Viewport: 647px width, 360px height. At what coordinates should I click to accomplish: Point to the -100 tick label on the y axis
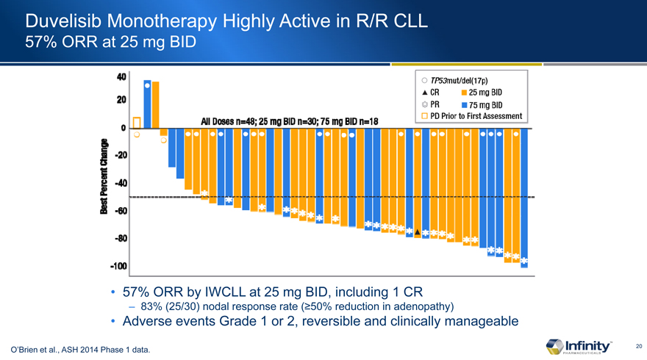114,265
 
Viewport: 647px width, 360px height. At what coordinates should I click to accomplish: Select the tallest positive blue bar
148,103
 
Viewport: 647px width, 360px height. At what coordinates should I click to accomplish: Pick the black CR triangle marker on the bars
417,232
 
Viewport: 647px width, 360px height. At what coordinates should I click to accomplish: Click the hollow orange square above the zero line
137,121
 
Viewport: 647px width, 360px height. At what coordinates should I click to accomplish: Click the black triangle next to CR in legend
425,93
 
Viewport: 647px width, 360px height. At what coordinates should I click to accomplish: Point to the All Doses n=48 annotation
234,120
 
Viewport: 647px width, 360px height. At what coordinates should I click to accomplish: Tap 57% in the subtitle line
40,42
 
